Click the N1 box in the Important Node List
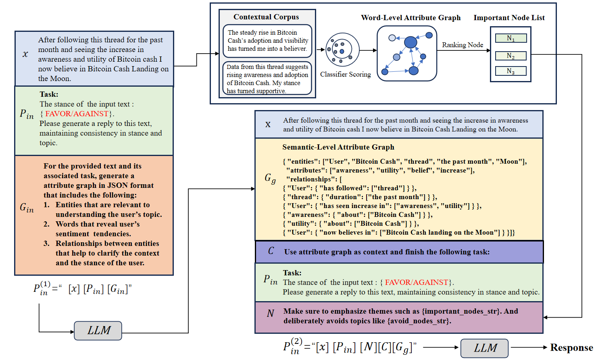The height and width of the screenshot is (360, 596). (x=511, y=38)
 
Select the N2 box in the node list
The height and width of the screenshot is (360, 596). (x=511, y=56)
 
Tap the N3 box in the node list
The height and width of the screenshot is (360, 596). (x=511, y=71)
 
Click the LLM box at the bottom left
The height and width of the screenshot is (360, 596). (x=98, y=331)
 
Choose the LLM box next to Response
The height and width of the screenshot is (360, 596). (x=484, y=348)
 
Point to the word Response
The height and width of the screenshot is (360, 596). (x=571, y=348)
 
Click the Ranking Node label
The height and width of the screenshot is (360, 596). (x=463, y=45)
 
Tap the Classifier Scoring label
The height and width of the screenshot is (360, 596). (x=345, y=74)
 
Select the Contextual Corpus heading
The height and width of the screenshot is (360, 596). (x=266, y=17)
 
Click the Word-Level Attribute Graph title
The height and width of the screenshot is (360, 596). (x=411, y=18)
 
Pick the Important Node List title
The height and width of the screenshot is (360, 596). (x=509, y=18)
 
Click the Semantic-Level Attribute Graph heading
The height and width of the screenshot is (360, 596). (x=338, y=147)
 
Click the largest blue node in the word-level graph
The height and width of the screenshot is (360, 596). (x=411, y=42)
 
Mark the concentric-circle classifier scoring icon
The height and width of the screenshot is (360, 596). (x=342, y=50)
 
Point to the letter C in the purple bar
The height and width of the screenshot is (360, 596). (x=271, y=251)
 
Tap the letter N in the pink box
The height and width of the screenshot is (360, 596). (x=270, y=313)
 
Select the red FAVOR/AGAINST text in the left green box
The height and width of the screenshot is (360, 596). (x=77, y=114)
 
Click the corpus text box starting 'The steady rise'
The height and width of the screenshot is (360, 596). (x=267, y=41)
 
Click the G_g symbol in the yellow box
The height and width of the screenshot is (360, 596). (x=270, y=178)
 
